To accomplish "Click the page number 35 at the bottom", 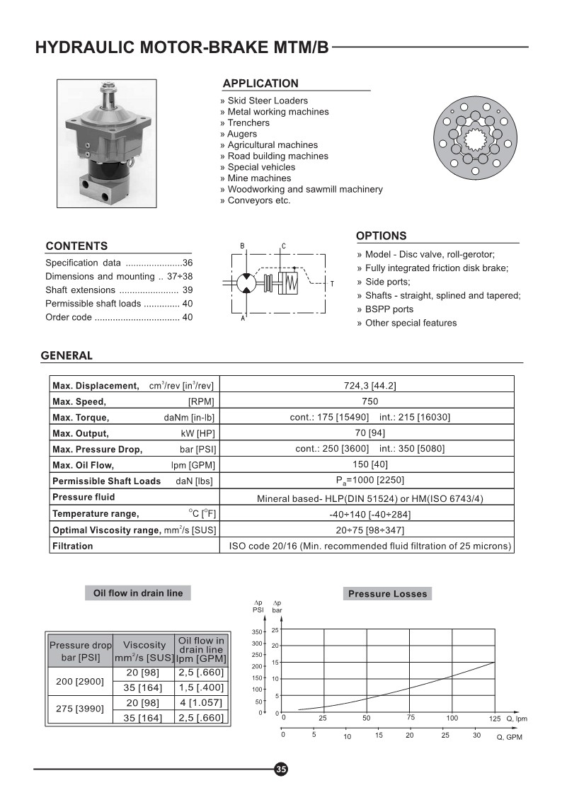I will coord(281,770).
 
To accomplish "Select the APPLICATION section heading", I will coord(260,84).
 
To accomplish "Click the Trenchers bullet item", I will coord(248,122).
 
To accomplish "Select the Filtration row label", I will coord(73,546).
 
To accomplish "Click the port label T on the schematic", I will coord(332,284).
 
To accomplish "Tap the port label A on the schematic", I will coord(243,319).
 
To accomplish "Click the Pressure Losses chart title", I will coord(387,594).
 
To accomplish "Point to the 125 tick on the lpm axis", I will coord(494,719).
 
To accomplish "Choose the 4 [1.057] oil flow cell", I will coord(201,702).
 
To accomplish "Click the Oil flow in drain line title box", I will coord(138,593).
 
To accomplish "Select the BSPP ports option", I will coord(389,309).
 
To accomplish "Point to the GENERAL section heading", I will coord(67,355).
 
